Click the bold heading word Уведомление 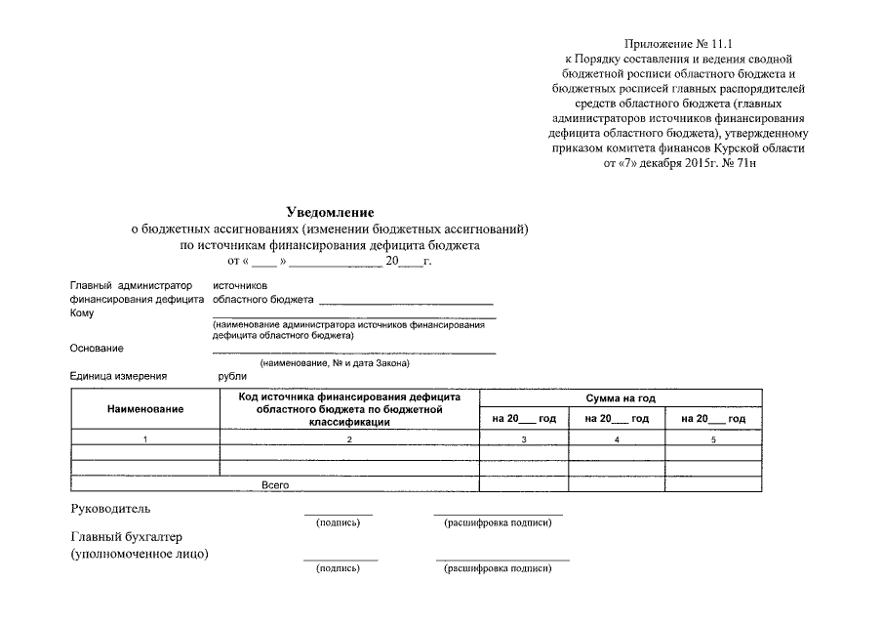(x=330, y=212)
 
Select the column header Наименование (x=145, y=408)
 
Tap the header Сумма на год (x=620, y=398)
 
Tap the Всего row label (x=276, y=484)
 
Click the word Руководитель (x=111, y=509)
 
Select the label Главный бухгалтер (x=127, y=537)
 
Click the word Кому (x=82, y=313)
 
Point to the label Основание (x=97, y=348)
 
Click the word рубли (x=233, y=376)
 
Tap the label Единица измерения (x=118, y=376)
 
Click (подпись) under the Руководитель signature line (x=338, y=523)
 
